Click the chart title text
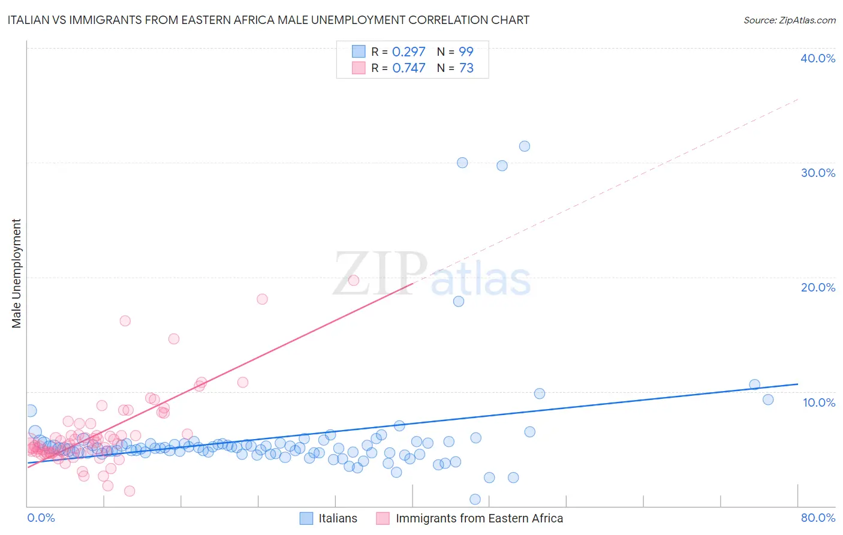tap(268, 20)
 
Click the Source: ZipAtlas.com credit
tap(789, 20)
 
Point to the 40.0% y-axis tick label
tap(818, 58)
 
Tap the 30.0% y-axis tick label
tap(818, 173)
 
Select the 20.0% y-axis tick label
tap(818, 287)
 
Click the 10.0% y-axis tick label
tap(819, 402)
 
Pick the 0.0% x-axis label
tap(41, 518)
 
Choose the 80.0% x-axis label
tap(818, 518)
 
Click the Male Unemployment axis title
tap(16, 273)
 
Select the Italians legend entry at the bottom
tap(338, 518)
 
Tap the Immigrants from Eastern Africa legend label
tap(479, 518)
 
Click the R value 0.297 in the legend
tap(408, 52)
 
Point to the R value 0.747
tap(408, 68)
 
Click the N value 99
tap(466, 52)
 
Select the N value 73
tap(466, 68)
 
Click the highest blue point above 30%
tap(525, 146)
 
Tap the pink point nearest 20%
tap(354, 280)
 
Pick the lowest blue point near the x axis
tap(475, 499)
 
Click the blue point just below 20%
tap(459, 302)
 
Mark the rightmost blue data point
tap(768, 399)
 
